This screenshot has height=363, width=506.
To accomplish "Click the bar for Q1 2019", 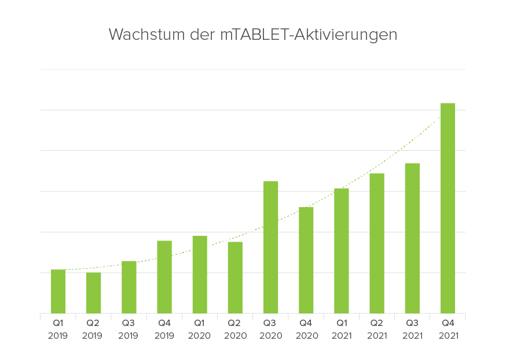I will point(58,291).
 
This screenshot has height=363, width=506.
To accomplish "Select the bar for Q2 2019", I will point(93,293).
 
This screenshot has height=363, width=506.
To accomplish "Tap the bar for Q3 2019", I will point(129,287).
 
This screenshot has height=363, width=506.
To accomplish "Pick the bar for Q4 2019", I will point(164,277).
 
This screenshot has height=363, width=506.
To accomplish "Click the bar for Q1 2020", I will point(200,275).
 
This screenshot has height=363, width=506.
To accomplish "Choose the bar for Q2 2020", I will point(235,277).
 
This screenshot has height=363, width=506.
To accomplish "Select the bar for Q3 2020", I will point(270,247).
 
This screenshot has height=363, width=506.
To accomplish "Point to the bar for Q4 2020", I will point(306,260).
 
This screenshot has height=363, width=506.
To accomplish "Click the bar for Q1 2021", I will point(341,251).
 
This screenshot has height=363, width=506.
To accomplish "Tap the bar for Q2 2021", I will point(377,243).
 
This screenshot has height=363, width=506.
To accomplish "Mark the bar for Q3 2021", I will point(412,238).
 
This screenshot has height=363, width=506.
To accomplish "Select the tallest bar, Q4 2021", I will point(448,208).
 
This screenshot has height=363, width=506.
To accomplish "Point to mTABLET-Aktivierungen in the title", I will point(309,35).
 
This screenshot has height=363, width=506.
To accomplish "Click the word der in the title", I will point(202,35).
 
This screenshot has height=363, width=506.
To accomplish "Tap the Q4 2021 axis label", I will point(448,329).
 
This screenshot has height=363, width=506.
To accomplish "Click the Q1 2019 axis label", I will point(58,329).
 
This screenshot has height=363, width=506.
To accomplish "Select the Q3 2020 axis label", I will point(270,329).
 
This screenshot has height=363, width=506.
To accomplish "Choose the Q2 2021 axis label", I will point(377,329).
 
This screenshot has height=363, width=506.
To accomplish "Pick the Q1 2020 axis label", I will point(200,329).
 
